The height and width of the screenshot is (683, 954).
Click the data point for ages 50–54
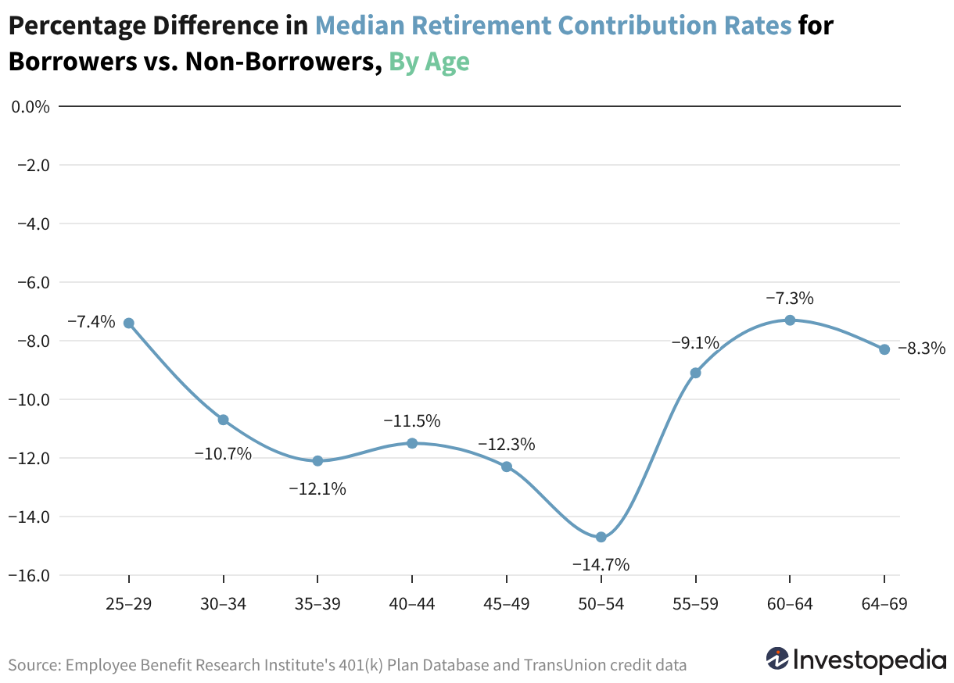601,537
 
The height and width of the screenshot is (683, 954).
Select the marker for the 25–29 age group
128,323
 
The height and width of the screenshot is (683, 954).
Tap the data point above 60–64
790,320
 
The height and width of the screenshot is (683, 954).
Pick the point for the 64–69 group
884,349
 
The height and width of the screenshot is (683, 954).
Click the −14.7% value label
601,565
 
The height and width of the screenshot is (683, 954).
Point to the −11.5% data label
412,421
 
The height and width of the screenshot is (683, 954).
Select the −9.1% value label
695,342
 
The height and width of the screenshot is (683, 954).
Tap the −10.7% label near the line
223,454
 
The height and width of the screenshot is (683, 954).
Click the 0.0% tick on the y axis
30,107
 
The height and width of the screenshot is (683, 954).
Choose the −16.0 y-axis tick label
29,576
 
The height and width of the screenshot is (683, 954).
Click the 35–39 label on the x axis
317,604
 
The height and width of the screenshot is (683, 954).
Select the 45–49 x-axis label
507,604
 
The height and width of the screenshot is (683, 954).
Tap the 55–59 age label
695,604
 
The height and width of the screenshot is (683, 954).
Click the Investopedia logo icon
777,659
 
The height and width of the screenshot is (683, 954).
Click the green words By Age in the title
429,63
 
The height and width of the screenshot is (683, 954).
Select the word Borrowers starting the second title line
73,61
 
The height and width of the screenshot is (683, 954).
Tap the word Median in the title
360,25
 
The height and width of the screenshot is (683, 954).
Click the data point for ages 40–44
412,443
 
